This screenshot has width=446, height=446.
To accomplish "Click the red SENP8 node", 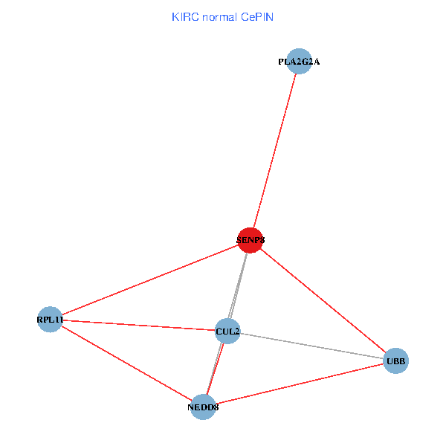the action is coord(251,240).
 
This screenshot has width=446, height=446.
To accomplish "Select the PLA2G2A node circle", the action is coord(299,61).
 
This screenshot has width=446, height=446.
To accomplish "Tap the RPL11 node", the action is coord(50,320).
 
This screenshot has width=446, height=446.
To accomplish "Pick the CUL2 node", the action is coord(227,331).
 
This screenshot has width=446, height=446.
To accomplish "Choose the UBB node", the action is coord(395,361).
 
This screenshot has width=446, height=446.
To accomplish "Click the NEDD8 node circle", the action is coord(203,407).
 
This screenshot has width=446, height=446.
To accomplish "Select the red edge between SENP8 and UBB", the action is coord(323,301).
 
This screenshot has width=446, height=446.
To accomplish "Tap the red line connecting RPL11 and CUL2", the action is coord(138,325).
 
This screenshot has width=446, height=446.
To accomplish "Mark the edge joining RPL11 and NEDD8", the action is coord(126,363).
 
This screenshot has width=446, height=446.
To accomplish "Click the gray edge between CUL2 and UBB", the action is coord(311,346).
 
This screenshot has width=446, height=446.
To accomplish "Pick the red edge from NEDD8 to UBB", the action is coord(299,384).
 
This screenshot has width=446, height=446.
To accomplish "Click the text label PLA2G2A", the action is coord(299,62).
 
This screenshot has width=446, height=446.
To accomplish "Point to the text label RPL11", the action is coord(50,320).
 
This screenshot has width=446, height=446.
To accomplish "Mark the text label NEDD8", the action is coord(203,407).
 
